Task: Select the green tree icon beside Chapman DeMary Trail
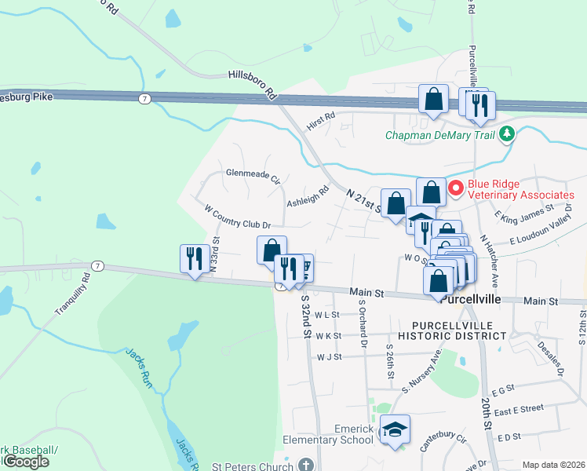point(508,134)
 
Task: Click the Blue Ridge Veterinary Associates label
point(521,189)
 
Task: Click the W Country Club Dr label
point(237,217)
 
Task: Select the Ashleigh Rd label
point(307,197)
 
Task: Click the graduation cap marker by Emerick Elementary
point(395,429)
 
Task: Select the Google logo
point(25,462)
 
